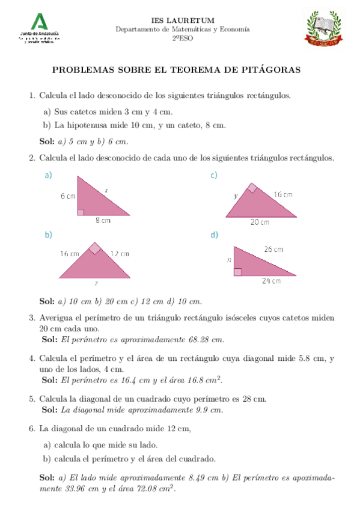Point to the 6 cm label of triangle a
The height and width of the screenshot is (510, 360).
pos(67,196)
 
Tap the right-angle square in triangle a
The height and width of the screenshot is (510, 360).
pos(81,211)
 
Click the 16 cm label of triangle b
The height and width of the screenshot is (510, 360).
pos(69,254)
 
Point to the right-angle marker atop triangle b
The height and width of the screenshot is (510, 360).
pos(95,248)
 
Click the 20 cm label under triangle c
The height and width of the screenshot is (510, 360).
pos(260,222)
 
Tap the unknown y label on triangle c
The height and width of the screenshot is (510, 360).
pos(237,196)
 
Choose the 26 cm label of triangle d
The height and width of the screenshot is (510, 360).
pos(273,249)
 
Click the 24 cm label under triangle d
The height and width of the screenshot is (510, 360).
pos(271,280)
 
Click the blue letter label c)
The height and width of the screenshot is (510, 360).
pos(214,175)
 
